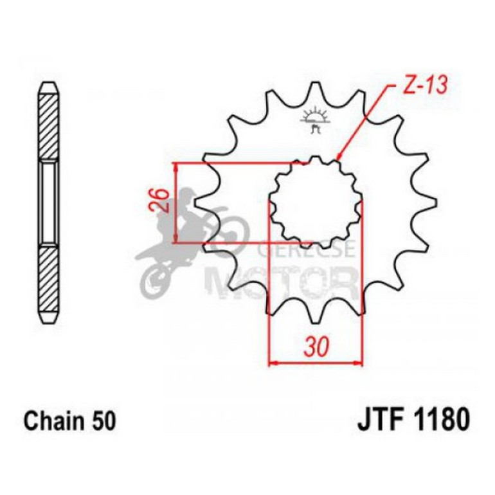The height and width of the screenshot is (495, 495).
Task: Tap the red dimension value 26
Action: click(162, 202)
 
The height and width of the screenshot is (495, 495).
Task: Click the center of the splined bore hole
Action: click(314, 202)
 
